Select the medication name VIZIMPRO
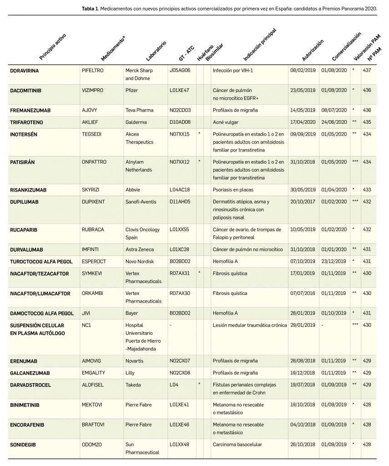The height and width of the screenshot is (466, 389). click(x=92, y=91)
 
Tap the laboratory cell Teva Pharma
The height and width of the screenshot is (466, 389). click(x=140, y=110)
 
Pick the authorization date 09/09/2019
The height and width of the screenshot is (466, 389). click(x=303, y=134)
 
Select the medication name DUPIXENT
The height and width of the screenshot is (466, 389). click(x=93, y=202)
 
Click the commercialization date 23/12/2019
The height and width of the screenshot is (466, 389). click(x=333, y=261)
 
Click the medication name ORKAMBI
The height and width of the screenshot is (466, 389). click(x=92, y=294)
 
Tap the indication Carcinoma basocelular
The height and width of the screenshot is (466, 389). click(x=237, y=444)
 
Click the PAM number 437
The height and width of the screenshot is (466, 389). click(x=367, y=71)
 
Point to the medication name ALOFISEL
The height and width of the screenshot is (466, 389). click(x=92, y=385)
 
